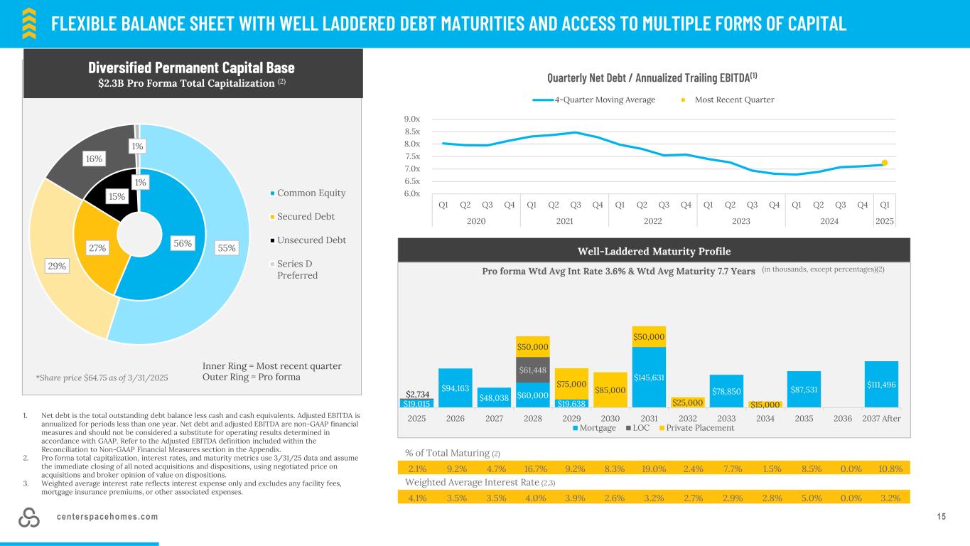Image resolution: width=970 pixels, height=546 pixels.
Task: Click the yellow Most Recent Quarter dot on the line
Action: pos(885,163)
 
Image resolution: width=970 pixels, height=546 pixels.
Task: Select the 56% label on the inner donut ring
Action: pos(183,242)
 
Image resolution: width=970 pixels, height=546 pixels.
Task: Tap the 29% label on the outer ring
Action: pos(57,266)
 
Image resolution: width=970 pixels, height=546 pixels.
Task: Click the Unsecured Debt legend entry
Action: pos(312,240)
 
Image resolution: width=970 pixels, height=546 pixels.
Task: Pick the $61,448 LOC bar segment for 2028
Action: pos(532,370)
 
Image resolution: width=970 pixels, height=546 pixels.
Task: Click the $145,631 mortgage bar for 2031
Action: pos(649,377)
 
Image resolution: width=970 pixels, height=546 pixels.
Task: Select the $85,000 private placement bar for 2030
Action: pos(610,390)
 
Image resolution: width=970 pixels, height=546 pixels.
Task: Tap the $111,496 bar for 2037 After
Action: pos(881,385)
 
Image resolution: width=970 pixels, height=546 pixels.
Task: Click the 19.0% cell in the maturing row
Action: pos(649,469)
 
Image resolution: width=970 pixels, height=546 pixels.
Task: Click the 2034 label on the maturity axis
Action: pos(765,418)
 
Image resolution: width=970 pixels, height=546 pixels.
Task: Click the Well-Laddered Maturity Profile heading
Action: pos(654,251)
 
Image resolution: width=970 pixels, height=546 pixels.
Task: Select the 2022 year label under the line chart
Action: pos(652,221)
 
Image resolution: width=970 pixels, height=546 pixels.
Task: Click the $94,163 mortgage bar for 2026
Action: pos(455,388)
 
